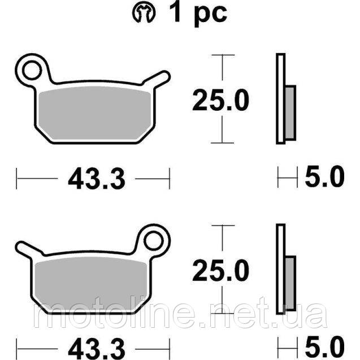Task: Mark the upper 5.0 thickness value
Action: click(324, 179)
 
